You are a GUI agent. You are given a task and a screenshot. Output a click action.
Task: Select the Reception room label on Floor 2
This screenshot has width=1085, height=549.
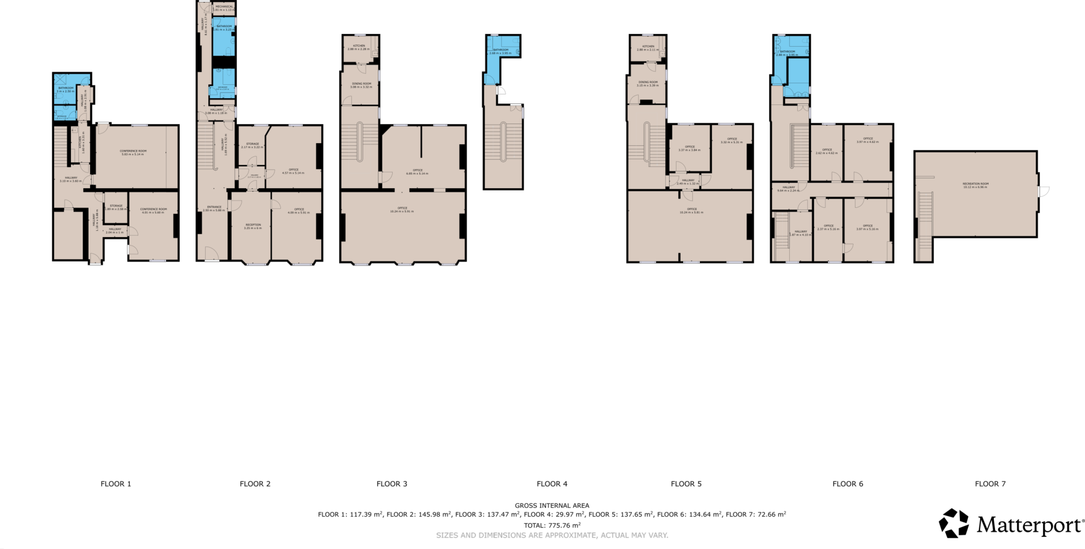[x=253, y=226]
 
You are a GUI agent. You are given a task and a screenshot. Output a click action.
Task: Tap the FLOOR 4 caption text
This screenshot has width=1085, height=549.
[x=552, y=483]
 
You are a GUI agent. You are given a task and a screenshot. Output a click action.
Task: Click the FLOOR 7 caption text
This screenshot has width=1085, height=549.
[x=990, y=483]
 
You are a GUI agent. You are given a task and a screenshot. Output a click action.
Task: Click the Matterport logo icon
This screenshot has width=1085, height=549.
[x=953, y=524]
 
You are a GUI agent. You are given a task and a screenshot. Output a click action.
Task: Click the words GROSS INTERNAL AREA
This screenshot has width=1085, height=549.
[x=552, y=506]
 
